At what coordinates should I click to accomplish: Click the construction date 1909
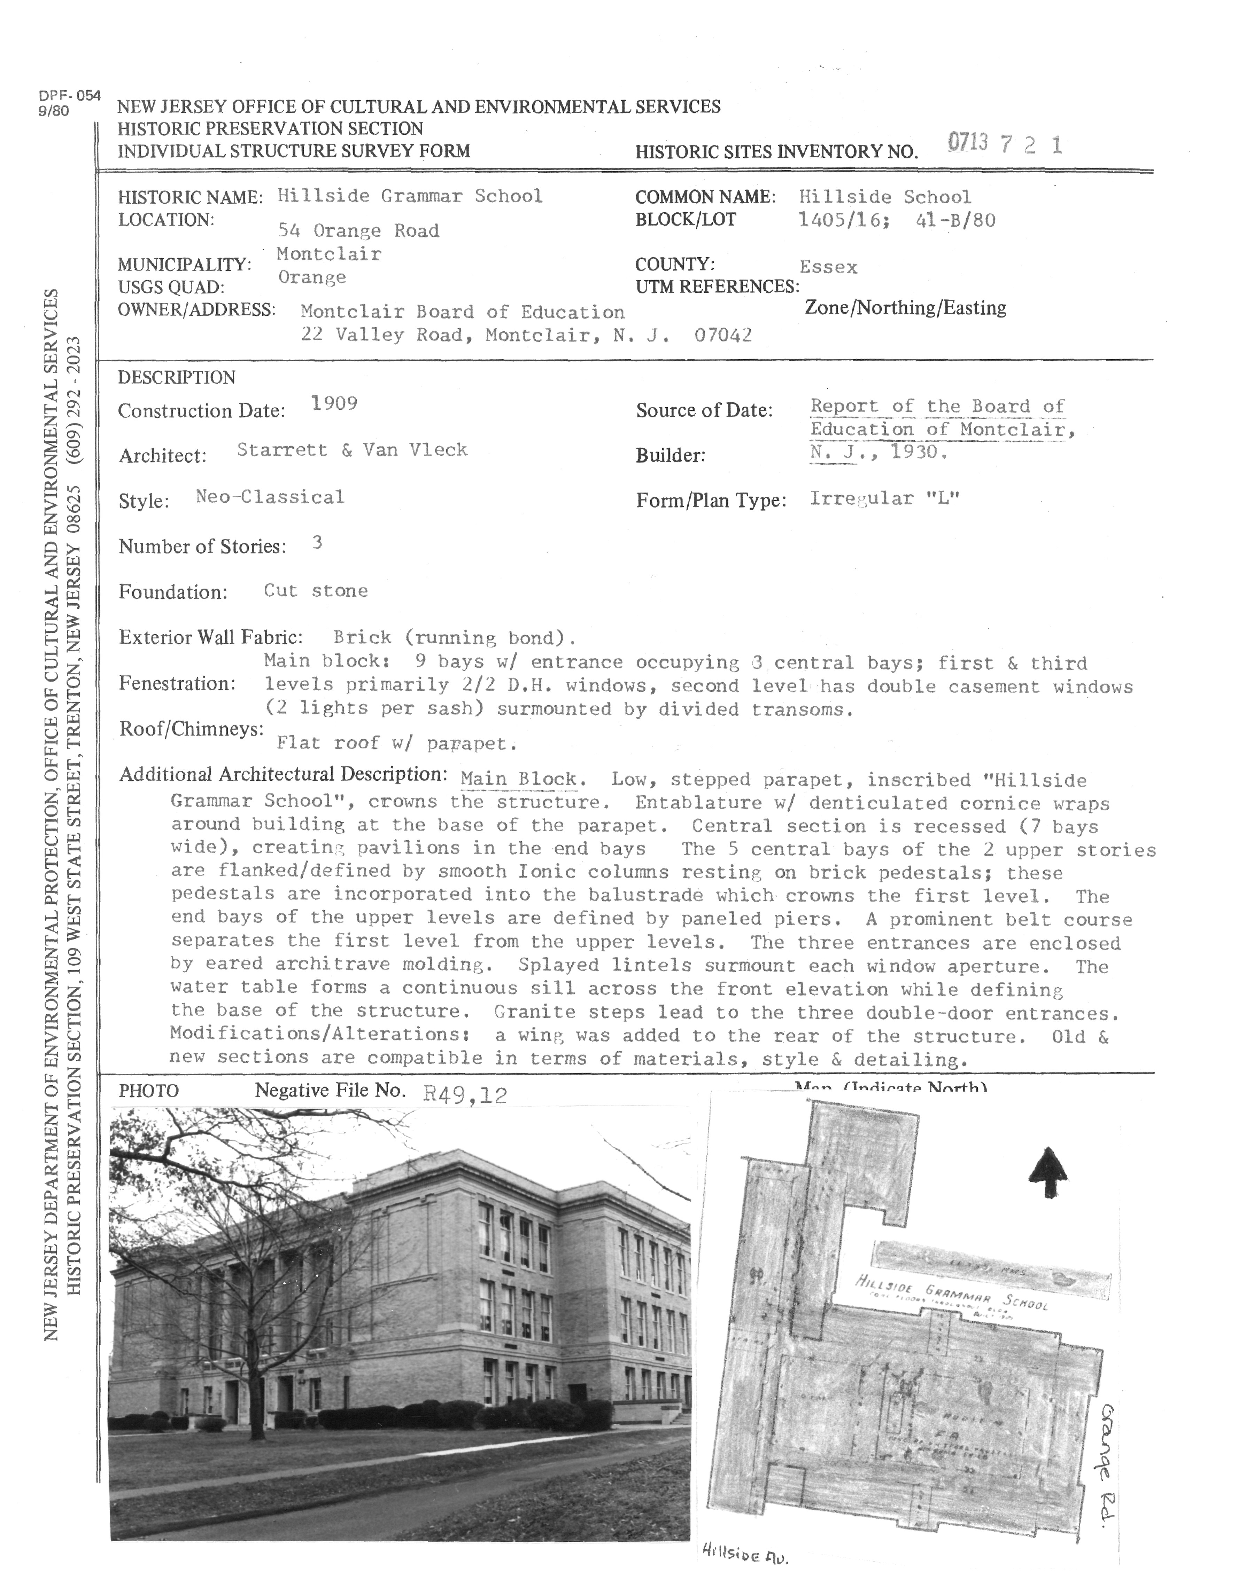[x=334, y=403]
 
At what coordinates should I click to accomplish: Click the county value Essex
[x=828, y=267]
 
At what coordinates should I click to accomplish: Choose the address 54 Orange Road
[x=358, y=231]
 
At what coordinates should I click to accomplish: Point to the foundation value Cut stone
[x=315, y=591]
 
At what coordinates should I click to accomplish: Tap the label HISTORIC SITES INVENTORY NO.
[x=776, y=152]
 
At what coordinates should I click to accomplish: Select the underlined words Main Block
[x=518, y=779]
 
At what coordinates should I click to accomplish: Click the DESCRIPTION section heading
[x=177, y=377]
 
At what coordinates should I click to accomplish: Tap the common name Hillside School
[x=884, y=197]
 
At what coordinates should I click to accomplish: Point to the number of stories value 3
[x=317, y=543]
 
